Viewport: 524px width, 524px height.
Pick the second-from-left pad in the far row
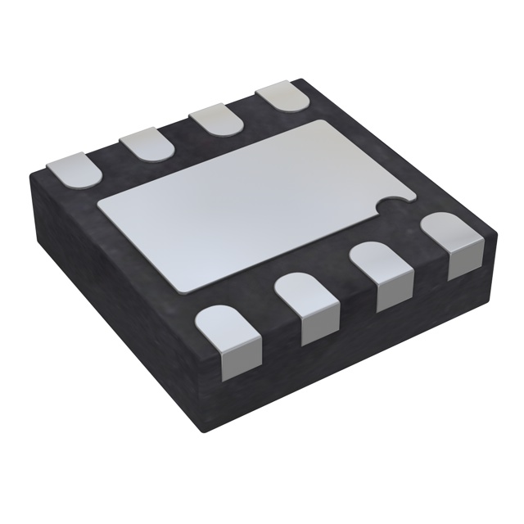pos(147,145)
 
